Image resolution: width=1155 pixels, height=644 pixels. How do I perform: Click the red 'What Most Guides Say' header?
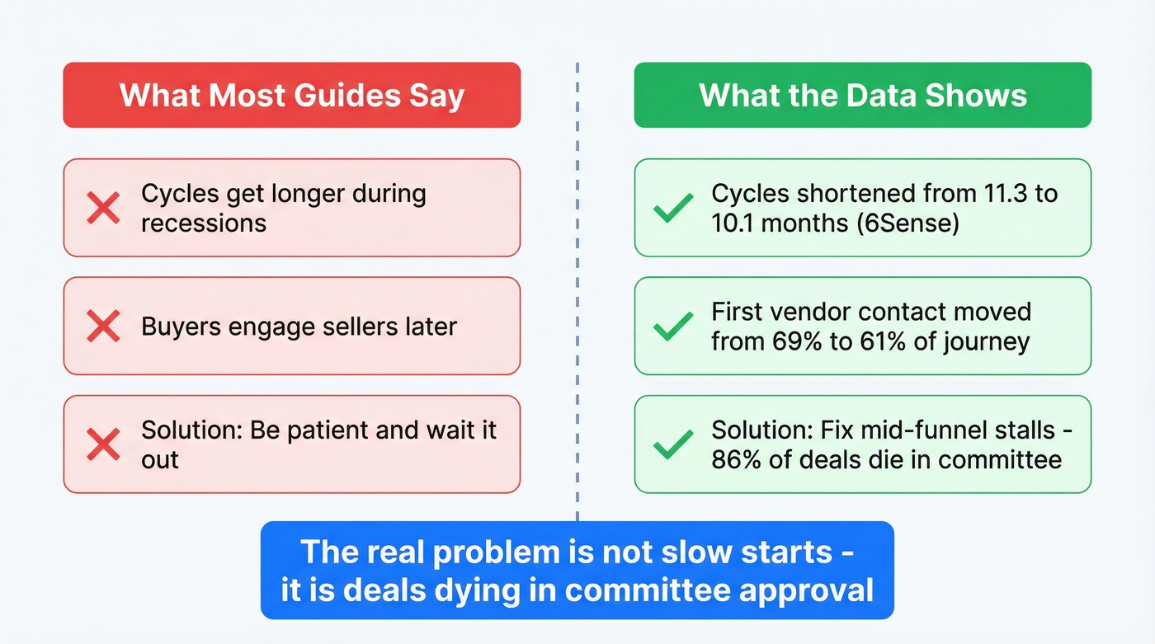pyautogui.click(x=292, y=96)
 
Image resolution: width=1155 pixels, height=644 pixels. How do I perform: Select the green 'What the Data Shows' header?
pyautogui.click(x=863, y=96)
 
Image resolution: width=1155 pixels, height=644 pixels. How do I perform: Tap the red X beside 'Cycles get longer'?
pyautogui.click(x=103, y=208)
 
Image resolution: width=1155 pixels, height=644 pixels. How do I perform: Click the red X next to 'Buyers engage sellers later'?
pyautogui.click(x=103, y=326)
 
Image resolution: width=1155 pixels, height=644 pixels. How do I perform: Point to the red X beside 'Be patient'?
pyautogui.click(x=103, y=444)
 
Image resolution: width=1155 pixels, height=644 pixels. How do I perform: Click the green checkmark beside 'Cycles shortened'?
pyautogui.click(x=673, y=208)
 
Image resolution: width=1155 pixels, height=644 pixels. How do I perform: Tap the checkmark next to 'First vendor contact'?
pyautogui.click(x=673, y=326)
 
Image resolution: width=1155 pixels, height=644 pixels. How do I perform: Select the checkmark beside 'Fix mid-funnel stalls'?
pyautogui.click(x=673, y=444)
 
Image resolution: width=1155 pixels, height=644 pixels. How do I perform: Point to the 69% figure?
pyautogui.click(x=797, y=341)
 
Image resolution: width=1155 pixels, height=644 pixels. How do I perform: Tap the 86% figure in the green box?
pyautogui.click(x=736, y=459)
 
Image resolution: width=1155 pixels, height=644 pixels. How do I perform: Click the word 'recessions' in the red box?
pyautogui.click(x=204, y=223)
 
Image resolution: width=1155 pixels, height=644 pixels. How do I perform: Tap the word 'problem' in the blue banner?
pyautogui.click(x=496, y=552)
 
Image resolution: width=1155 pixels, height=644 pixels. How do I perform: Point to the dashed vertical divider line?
pyautogui.click(x=577, y=292)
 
